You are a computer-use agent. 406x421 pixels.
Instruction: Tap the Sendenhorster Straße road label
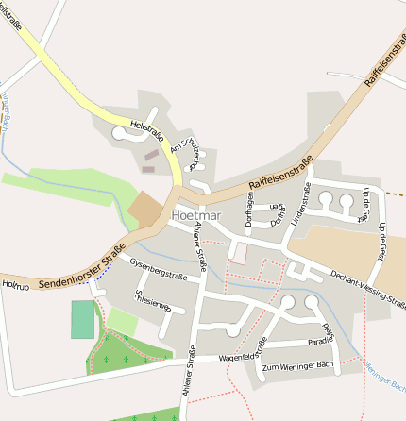[82, 266]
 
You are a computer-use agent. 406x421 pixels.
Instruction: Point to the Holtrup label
[15, 282]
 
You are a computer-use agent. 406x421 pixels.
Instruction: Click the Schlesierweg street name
[152, 301]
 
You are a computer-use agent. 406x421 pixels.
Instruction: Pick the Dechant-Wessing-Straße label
[368, 290]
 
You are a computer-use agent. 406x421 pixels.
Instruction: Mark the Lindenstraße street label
[303, 206]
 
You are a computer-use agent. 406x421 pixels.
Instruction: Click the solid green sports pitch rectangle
[83, 319]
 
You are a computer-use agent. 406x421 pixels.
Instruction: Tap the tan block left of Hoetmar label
[146, 209]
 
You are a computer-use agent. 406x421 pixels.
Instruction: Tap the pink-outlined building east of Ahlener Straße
[238, 253]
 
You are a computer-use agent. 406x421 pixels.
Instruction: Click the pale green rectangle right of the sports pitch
[123, 321]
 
